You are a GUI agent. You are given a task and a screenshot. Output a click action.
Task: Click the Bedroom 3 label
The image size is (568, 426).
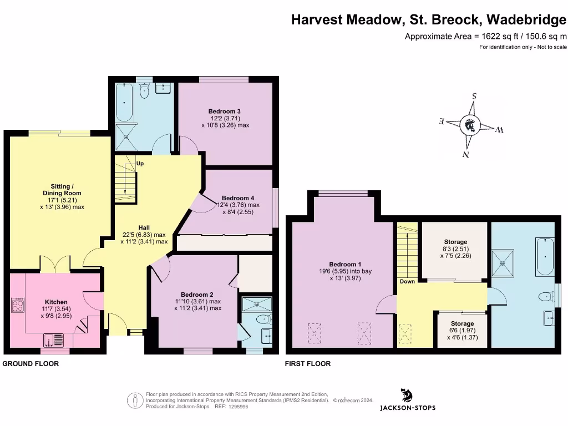coord(225,111)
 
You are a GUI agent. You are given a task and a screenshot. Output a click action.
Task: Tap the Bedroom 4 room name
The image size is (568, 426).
coord(238,198)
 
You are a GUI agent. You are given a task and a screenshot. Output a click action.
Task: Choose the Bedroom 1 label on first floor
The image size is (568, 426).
coord(345,264)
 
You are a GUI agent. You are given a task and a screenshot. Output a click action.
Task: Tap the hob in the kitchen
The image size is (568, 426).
coord(18,306)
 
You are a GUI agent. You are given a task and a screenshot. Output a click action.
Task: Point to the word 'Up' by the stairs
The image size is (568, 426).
coord(140,164)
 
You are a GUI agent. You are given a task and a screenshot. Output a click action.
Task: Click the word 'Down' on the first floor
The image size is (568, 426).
coord(407,282)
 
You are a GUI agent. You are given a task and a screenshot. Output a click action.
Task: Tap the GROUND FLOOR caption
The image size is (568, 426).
coord(31,364)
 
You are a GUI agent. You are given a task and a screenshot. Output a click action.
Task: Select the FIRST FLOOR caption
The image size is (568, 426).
coord(308,364)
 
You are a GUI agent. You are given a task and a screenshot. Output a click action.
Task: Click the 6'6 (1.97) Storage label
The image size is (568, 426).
coord(462,323)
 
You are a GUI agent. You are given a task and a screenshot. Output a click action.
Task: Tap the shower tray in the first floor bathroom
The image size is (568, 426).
coord(505,257)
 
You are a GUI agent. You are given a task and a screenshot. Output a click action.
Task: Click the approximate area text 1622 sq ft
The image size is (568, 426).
coord(485,37)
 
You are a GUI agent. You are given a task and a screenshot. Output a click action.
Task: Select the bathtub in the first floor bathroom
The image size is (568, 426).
coord(545,257)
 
